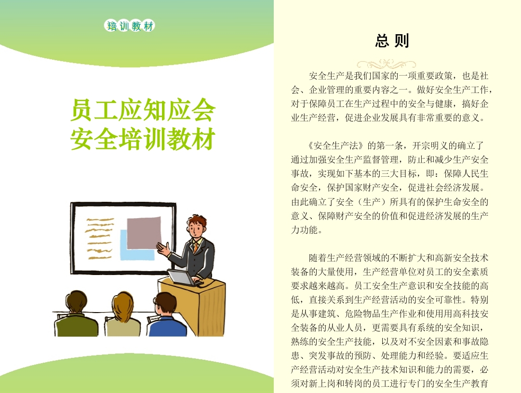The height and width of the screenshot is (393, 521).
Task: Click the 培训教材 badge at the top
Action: tap(130, 26)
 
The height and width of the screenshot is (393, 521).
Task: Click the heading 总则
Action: tap(392, 41)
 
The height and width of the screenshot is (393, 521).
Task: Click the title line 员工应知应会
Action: tap(143, 110)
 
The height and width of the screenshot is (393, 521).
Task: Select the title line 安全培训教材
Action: tap(143, 139)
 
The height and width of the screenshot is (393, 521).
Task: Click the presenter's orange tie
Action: tap(196, 247)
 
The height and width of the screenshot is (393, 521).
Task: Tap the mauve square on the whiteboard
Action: tap(144, 233)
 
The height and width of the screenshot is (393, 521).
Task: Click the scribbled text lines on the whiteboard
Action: tap(99, 238)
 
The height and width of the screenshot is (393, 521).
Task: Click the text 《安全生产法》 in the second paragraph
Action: tap(336, 146)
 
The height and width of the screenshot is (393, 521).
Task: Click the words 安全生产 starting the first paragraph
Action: tap(327, 76)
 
